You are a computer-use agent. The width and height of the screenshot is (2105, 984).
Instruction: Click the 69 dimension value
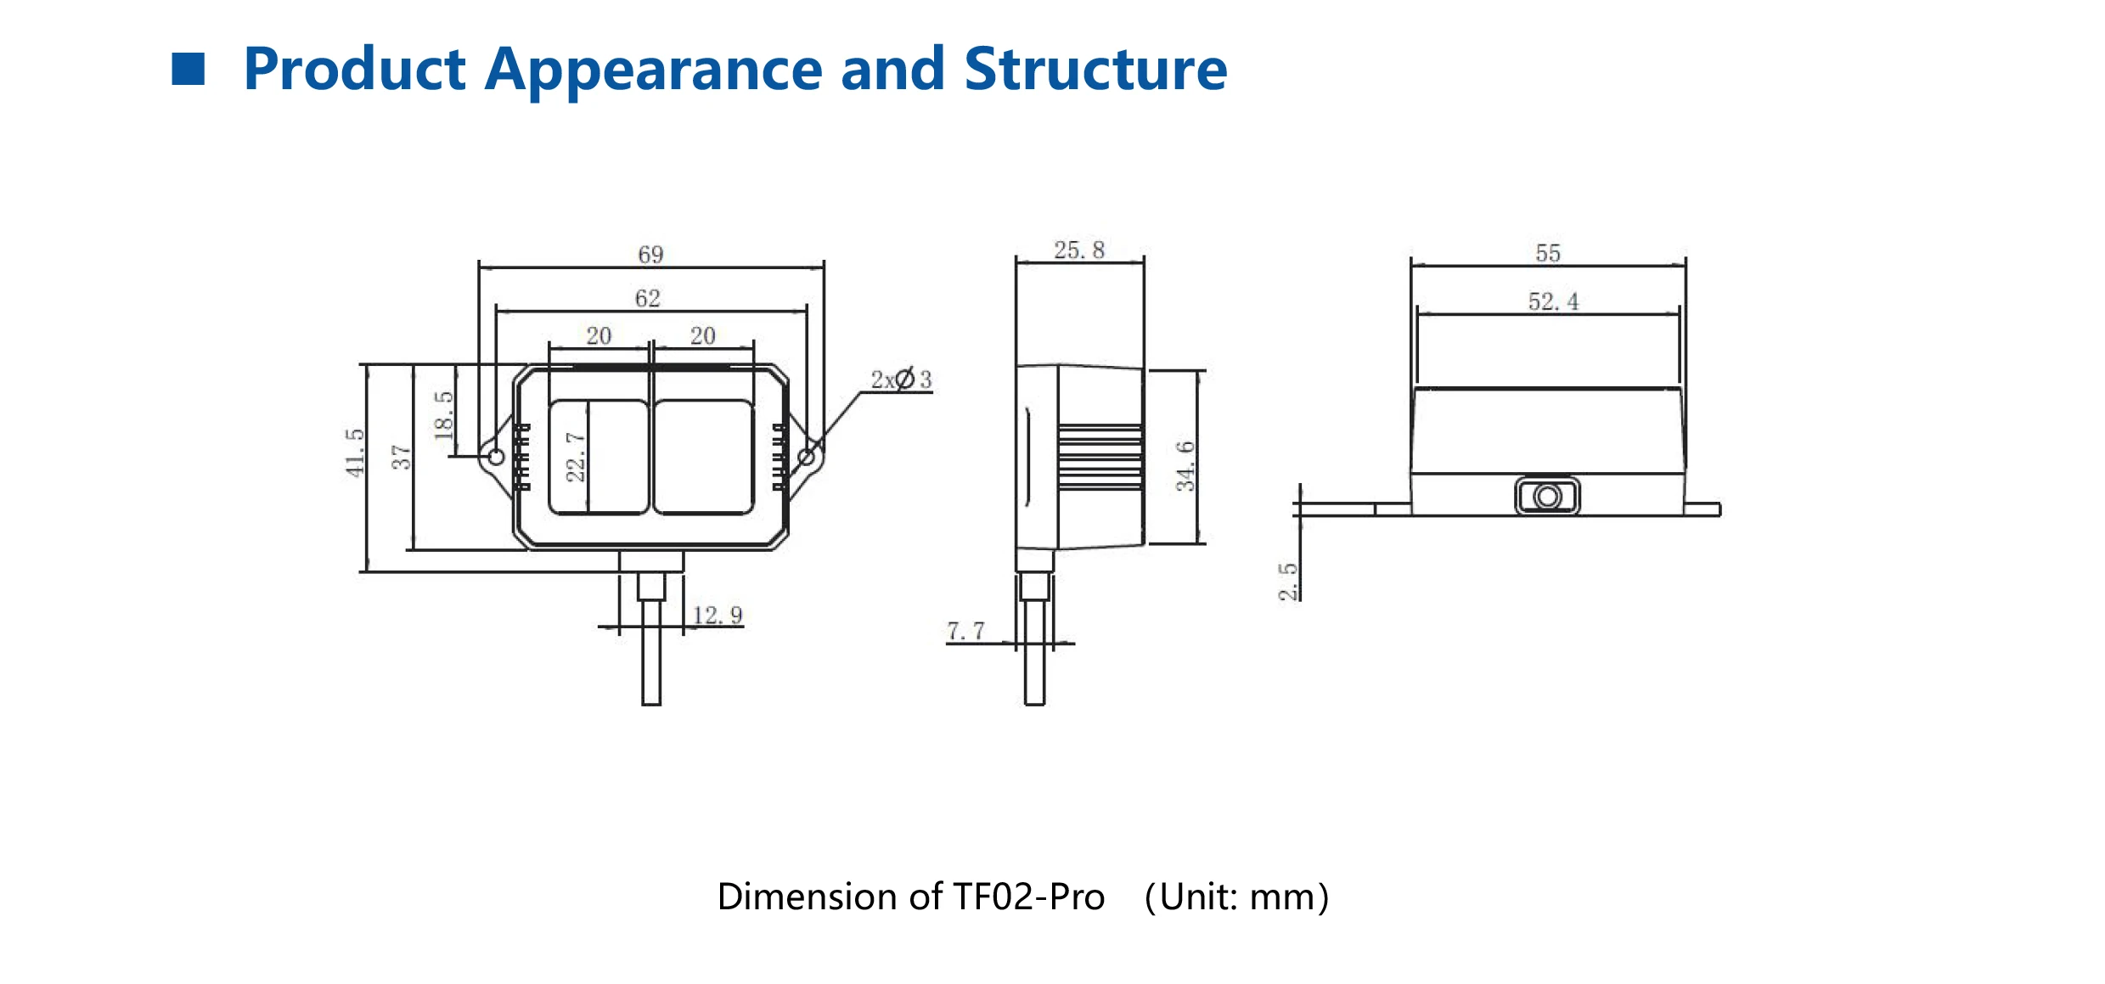[650, 255]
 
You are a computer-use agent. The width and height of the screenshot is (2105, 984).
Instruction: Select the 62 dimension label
[647, 299]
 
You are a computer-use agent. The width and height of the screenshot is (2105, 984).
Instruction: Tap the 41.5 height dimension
[355, 453]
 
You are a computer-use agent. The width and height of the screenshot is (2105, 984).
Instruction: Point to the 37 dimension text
[401, 458]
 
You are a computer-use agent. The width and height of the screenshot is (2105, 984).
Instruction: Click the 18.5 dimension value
[443, 415]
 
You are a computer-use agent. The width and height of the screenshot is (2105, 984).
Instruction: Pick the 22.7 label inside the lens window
[576, 457]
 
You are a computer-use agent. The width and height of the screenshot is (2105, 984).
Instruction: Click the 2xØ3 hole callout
[901, 380]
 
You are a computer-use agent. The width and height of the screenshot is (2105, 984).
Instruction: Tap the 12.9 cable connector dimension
[717, 615]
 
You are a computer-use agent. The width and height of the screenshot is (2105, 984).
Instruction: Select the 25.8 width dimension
[1078, 250]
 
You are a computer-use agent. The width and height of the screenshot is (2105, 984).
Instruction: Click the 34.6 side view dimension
[1185, 466]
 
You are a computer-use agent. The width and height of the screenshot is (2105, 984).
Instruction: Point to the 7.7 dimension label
[965, 631]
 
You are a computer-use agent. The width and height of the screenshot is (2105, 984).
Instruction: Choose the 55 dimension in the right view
[1547, 253]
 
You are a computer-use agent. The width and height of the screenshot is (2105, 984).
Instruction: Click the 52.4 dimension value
[1553, 301]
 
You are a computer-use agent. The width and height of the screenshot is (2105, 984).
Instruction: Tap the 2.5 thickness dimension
[1288, 582]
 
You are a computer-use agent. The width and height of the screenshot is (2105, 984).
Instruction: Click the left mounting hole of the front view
[497, 457]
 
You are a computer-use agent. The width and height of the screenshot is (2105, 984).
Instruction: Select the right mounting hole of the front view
[807, 458]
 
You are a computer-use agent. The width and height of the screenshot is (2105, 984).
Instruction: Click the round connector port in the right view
[1547, 497]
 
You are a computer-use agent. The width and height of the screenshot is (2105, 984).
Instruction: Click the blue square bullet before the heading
[189, 70]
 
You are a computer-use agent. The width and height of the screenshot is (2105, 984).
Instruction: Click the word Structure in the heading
[1095, 70]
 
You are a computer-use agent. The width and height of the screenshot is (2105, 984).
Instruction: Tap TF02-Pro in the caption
[1028, 897]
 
